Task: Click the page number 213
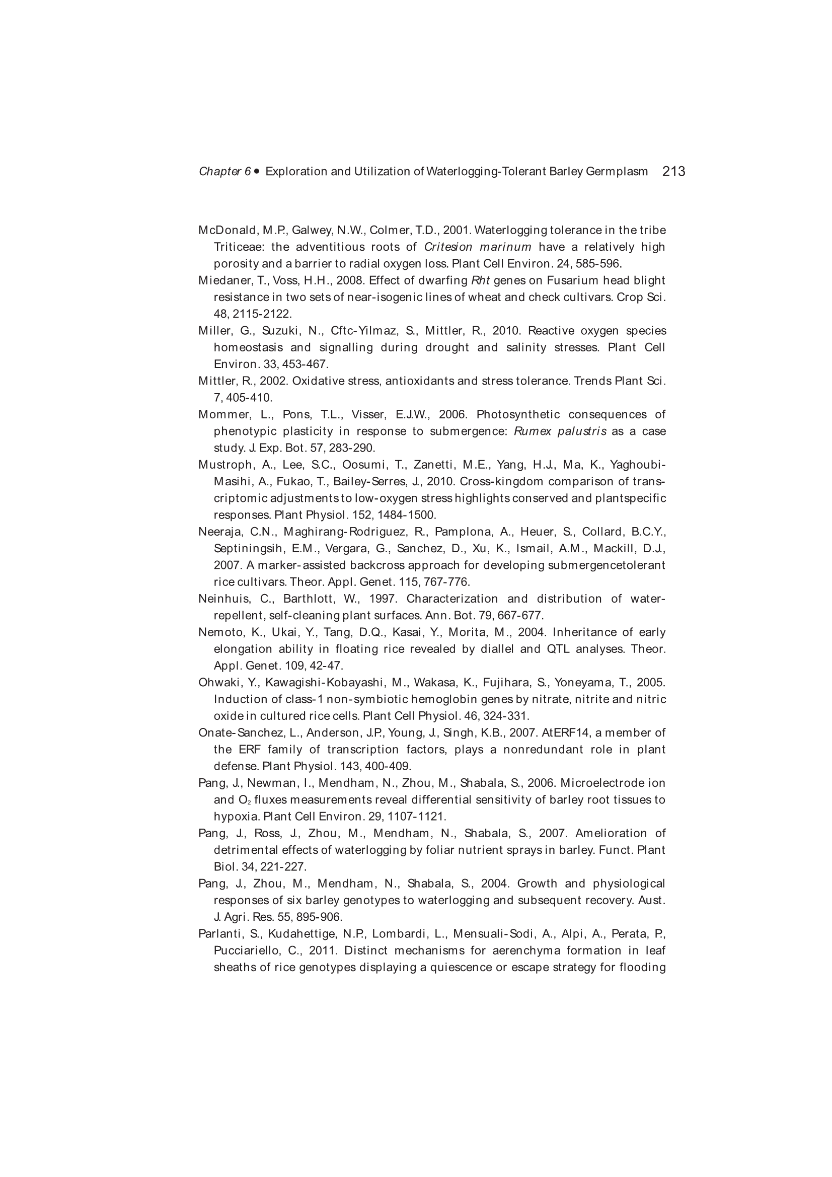coord(673,171)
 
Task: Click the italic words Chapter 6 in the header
coord(224,171)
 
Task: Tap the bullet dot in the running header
coord(257,171)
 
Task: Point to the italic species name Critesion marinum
coord(477,247)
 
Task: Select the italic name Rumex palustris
coord(560,431)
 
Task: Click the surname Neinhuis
coord(222,599)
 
